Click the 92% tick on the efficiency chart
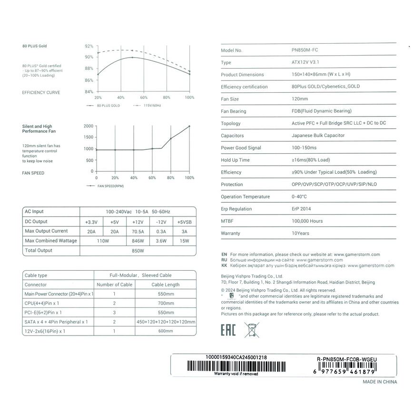89,46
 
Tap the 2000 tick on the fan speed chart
88,126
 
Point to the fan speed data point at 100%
189,126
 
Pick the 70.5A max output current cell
138,231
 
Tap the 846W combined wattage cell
138,241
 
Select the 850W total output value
138,251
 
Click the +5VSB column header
184,222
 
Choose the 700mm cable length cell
166,303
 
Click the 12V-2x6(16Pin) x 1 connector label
45,331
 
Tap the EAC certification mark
228,330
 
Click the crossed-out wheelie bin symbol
251,330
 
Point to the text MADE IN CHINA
379,382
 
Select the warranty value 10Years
300,233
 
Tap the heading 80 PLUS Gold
35,46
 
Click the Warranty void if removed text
236,374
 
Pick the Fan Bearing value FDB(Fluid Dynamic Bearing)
321,111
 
